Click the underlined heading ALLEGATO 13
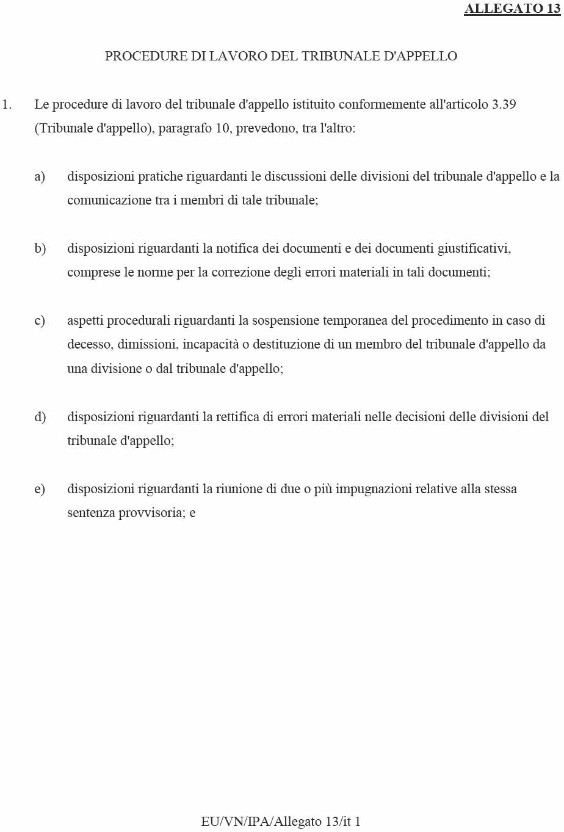pos(512,9)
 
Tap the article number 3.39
pos(504,104)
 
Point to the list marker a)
pos(40,176)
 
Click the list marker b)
pos(40,248)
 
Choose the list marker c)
pos(40,320)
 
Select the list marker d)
pos(40,417)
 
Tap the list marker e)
pos(40,489)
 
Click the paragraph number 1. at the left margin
pos(7,104)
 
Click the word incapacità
pos(211,344)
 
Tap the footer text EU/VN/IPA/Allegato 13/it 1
pos(281,822)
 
